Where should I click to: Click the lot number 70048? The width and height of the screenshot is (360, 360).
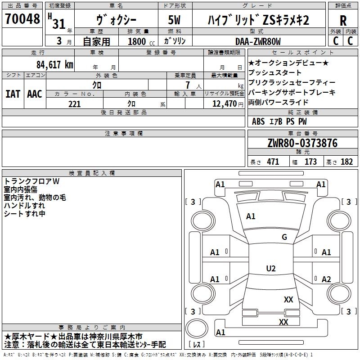point(22,19)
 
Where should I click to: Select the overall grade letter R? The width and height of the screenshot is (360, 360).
point(343,21)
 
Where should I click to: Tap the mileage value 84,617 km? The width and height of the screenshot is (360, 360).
point(54,65)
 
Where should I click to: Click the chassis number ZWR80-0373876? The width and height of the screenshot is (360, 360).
point(302,143)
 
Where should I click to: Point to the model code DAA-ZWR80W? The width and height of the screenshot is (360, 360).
point(258,41)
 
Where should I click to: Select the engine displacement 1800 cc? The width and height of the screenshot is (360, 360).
point(141,41)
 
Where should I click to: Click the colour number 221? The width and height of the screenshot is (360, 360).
point(74,104)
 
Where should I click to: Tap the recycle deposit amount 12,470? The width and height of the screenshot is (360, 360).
point(224,104)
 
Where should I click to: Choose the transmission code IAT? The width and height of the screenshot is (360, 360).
point(13,94)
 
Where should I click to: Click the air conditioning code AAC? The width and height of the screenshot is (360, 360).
point(35,94)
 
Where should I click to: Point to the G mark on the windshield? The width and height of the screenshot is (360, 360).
point(284,237)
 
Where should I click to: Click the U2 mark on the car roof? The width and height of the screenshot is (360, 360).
point(271,268)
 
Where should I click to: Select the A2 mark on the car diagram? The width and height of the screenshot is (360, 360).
point(326,279)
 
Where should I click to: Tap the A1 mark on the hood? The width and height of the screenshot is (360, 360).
point(251,216)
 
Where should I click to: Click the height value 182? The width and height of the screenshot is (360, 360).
point(346,162)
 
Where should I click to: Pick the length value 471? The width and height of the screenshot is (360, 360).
point(273,162)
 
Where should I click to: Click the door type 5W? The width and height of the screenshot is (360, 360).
point(174,20)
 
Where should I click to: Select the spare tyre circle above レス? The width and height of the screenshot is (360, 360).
point(197,328)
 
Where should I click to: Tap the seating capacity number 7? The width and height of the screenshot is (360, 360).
point(188,85)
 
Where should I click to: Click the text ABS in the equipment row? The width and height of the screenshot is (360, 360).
point(258,121)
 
